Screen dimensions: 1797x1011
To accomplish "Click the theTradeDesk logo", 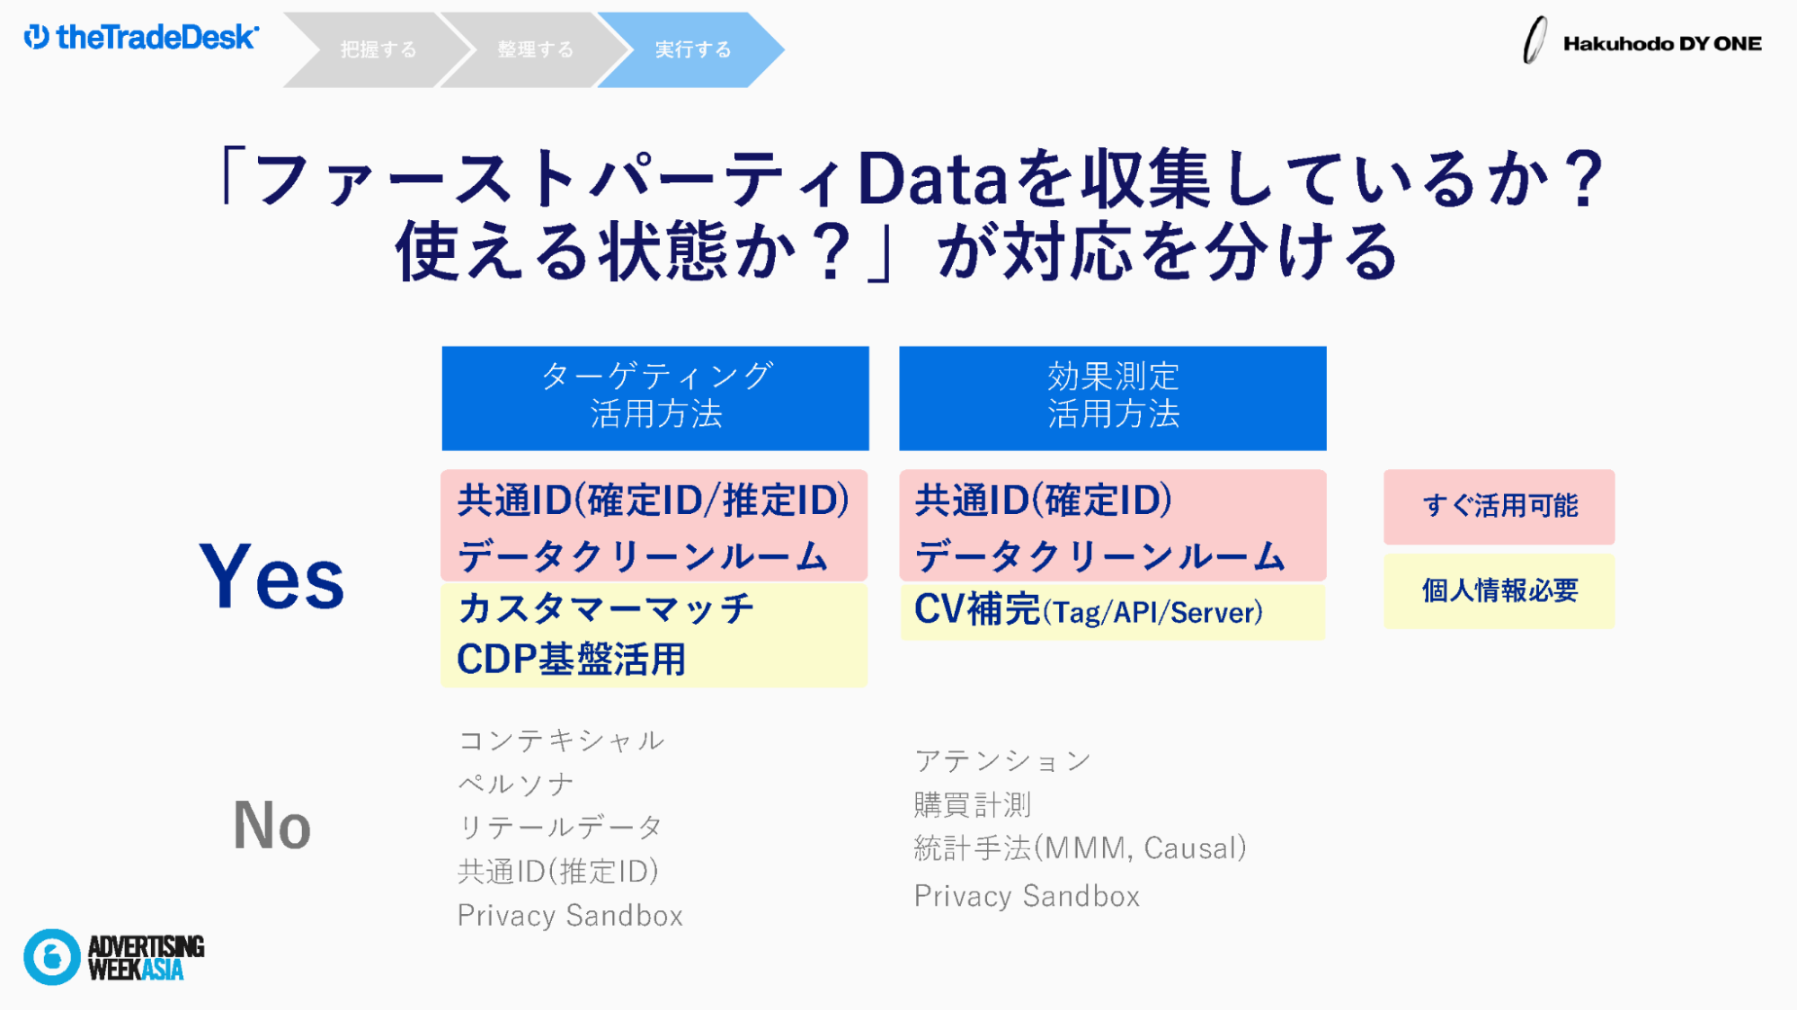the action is click(x=141, y=37).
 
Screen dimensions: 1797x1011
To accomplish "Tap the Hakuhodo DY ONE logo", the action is click(x=1641, y=41).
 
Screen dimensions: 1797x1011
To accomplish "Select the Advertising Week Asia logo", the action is click(x=114, y=957).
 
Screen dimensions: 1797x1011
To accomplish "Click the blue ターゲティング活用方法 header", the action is click(x=655, y=398).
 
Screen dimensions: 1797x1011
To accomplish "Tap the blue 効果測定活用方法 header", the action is click(x=1113, y=398).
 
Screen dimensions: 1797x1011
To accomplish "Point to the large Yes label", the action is click(x=271, y=576).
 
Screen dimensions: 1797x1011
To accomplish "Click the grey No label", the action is click(x=272, y=825).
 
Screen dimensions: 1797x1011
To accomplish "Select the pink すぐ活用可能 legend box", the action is click(x=1499, y=507).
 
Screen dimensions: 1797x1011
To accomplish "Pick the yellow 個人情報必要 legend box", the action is click(x=1499, y=591).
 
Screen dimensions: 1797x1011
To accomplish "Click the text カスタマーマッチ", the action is click(x=606, y=608).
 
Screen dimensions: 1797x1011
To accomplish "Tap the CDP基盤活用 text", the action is click(x=572, y=660).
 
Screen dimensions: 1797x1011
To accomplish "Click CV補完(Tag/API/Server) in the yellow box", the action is click(x=1089, y=610).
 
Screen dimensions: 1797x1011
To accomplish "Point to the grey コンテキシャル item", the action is click(x=562, y=741).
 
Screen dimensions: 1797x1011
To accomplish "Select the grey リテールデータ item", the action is click(x=561, y=827).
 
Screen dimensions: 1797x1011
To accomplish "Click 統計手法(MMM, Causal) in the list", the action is click(x=1081, y=848).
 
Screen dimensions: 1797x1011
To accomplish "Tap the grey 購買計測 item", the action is click(x=973, y=804).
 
